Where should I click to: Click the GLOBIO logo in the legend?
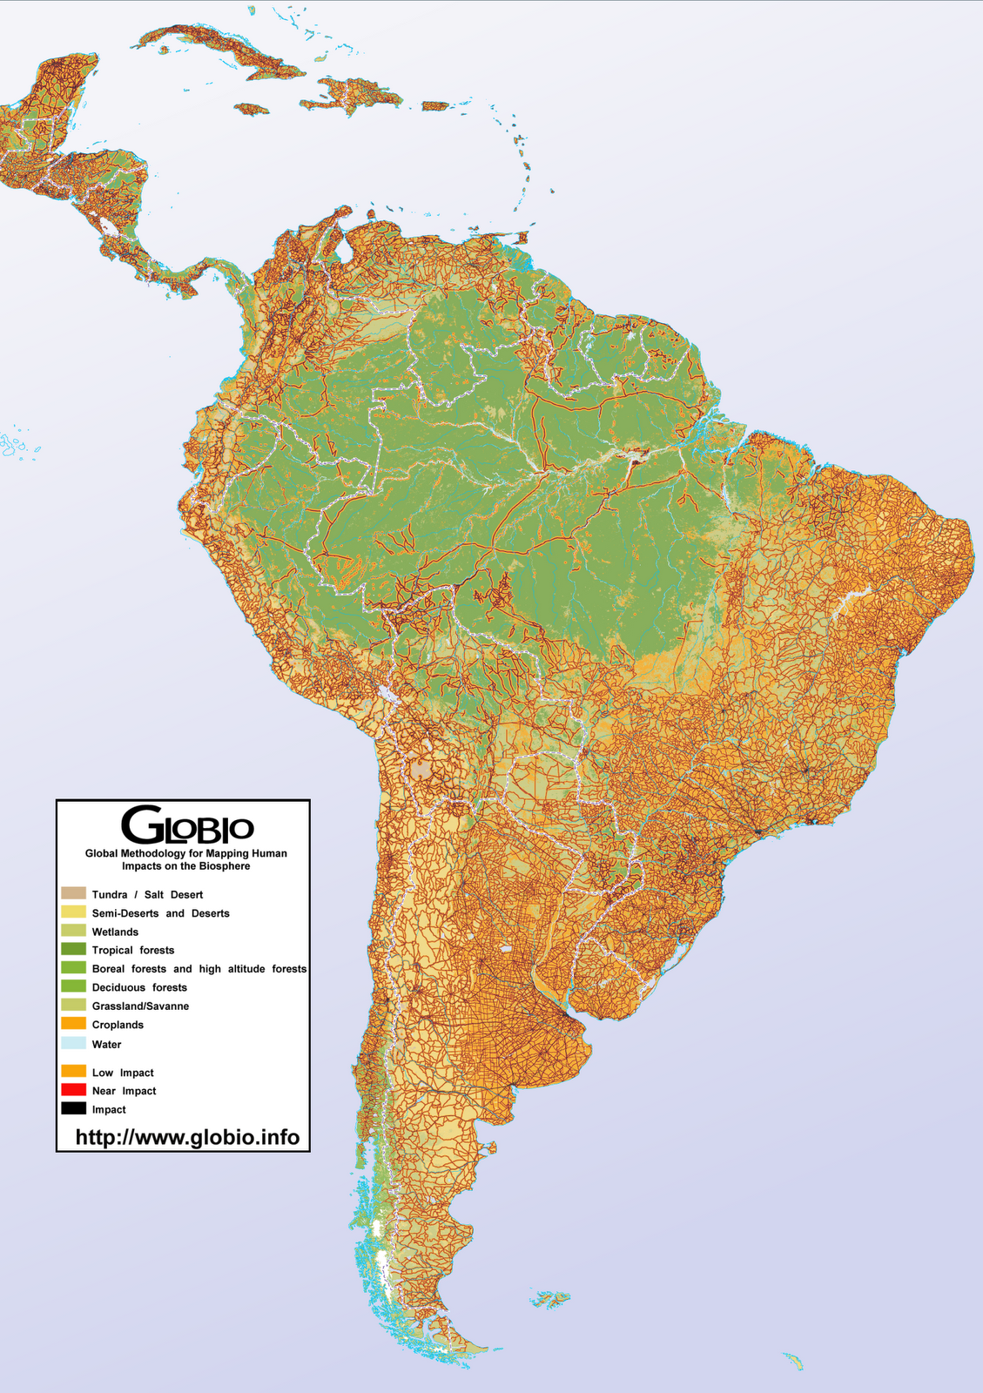coord(187,824)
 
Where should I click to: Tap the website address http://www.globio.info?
coord(187,1137)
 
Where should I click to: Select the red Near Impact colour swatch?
coord(73,1090)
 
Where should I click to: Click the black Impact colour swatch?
coord(73,1108)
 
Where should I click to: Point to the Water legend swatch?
coord(73,1043)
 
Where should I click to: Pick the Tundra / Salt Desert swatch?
coord(73,893)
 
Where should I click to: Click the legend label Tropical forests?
coord(133,950)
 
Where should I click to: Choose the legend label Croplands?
coord(118,1025)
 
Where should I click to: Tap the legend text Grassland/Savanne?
coord(140,1006)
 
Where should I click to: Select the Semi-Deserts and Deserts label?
coord(161,913)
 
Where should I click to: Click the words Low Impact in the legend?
coord(123,1073)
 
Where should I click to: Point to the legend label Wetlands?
coord(115,932)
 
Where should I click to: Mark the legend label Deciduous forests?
coord(139,987)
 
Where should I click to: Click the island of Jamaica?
coord(252,109)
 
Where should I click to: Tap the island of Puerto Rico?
coord(434,106)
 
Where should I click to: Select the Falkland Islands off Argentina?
coord(550,1300)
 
